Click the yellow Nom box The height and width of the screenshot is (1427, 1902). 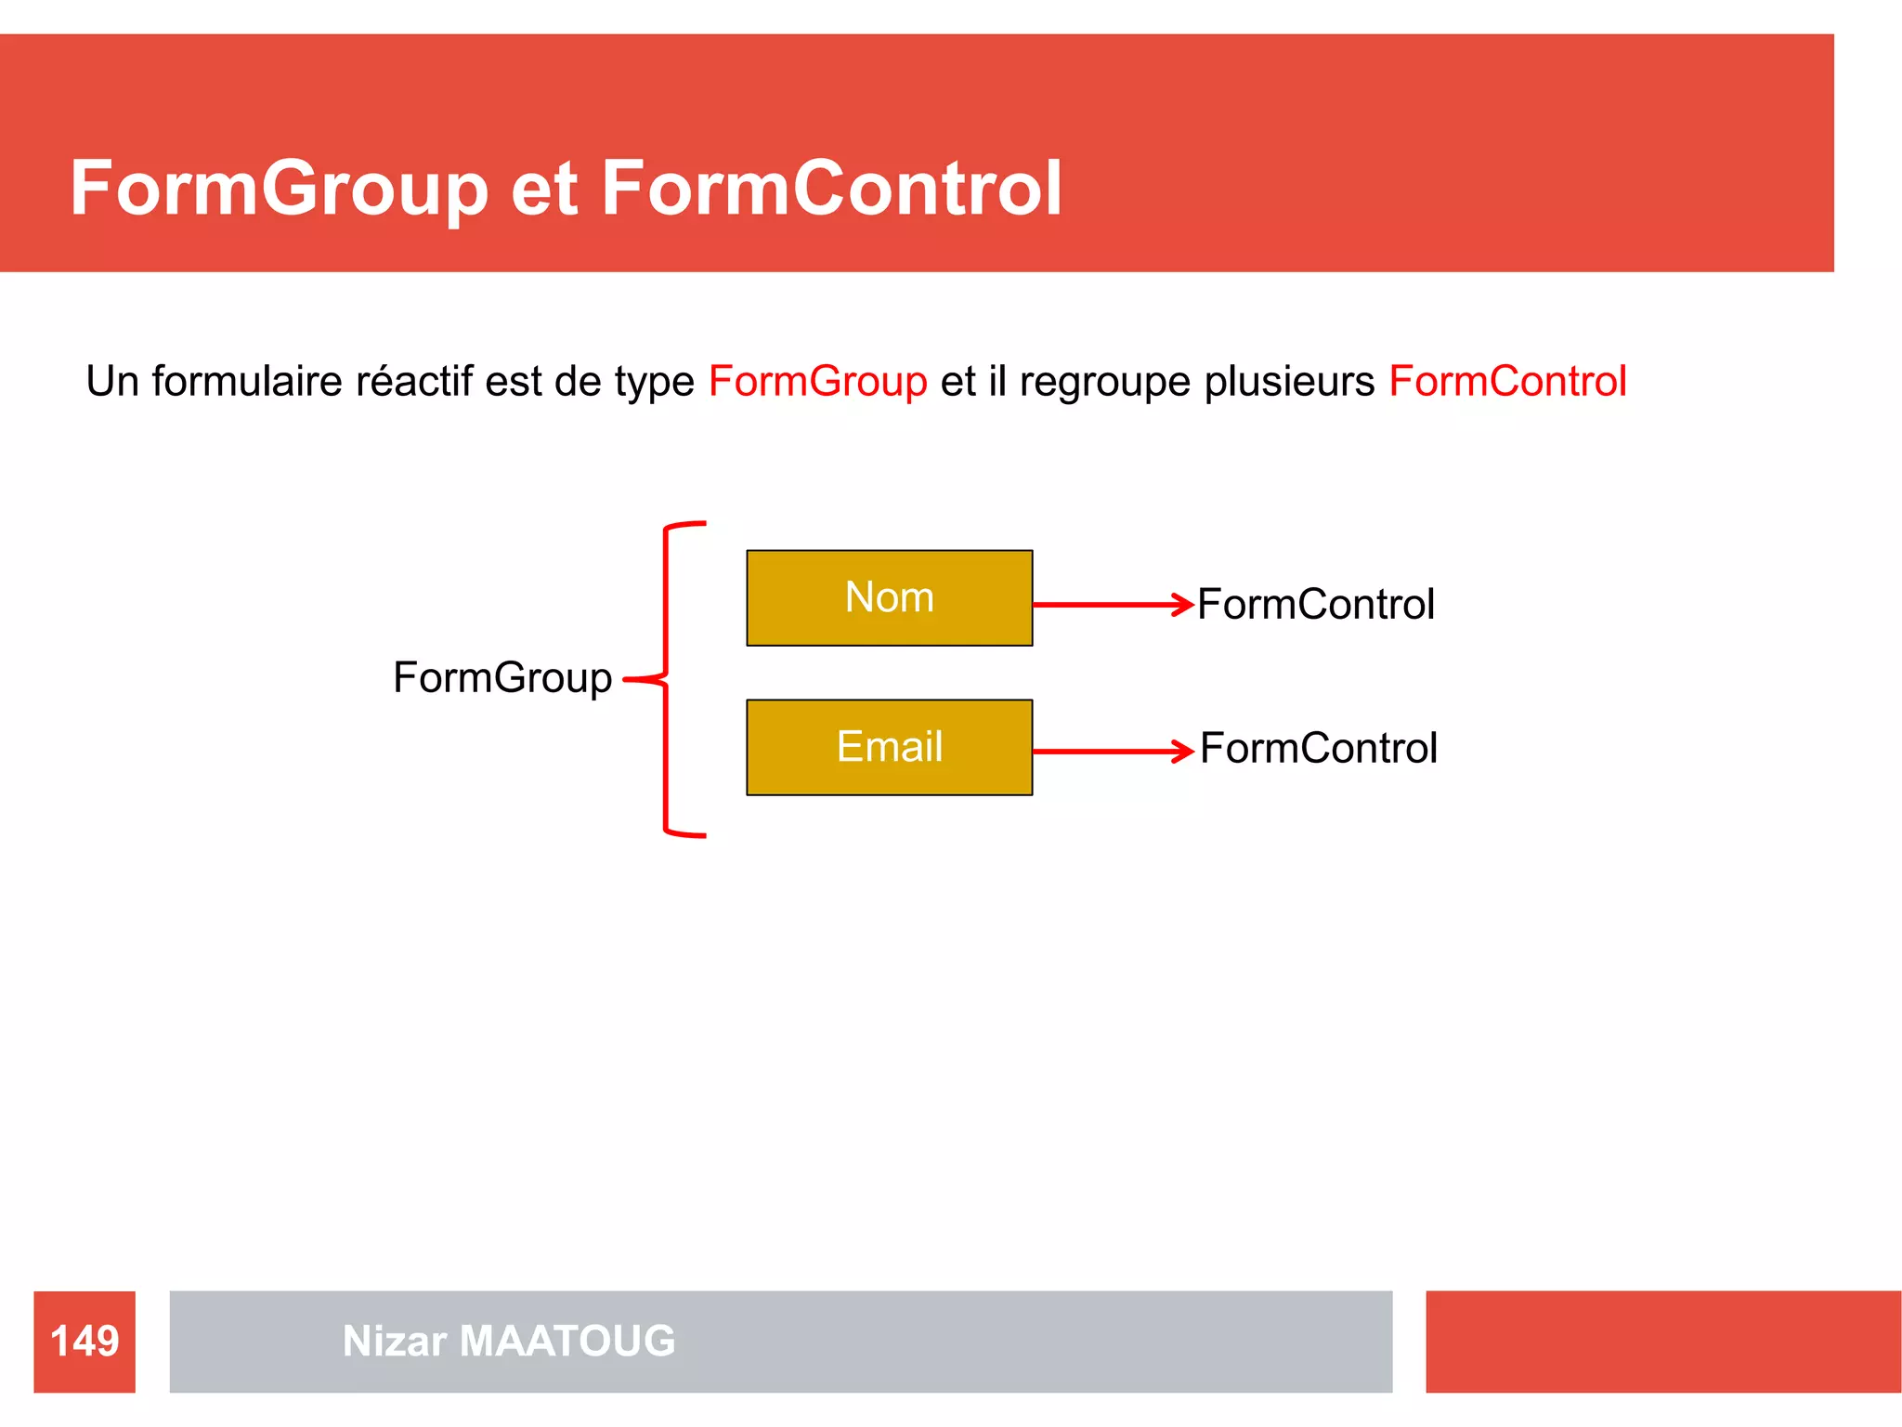pos(889,597)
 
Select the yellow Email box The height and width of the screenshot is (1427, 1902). pos(889,747)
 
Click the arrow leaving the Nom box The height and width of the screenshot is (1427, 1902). pos(1113,605)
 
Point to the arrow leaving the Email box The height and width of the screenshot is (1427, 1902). pos(1113,751)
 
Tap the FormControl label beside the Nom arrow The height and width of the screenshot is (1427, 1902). pos(1315,604)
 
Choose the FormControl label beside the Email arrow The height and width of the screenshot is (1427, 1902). pos(1318,748)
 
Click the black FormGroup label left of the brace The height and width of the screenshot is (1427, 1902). pos(502,677)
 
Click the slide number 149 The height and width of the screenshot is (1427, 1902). pos(85,1341)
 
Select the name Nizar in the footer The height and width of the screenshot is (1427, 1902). pos(395,1341)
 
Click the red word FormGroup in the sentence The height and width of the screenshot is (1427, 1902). pos(817,382)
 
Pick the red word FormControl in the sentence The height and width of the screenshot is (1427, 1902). pos(1507,382)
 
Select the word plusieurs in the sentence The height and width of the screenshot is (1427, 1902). pos(1289,382)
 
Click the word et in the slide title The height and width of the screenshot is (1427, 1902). pos(544,189)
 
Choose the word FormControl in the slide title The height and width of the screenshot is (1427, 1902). pos(831,189)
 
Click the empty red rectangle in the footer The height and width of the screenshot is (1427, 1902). pos(1662,1341)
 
